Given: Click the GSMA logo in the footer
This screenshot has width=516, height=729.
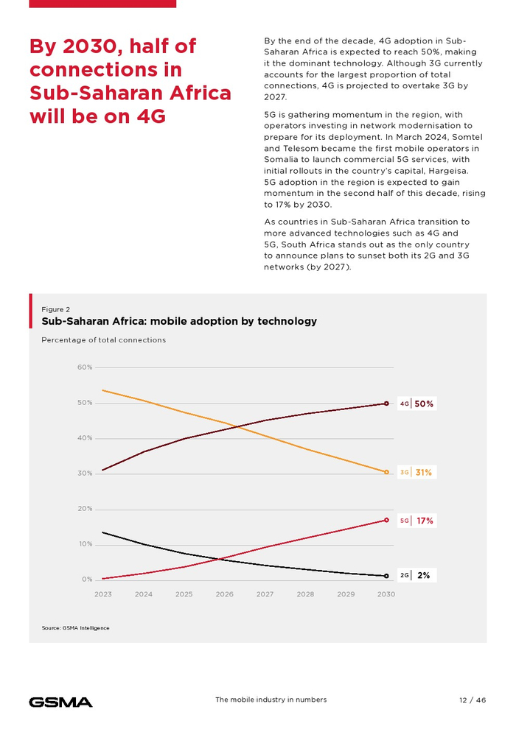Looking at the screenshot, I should pyautogui.click(x=60, y=702).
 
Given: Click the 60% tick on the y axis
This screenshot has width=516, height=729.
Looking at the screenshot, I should pyautogui.click(x=85, y=367).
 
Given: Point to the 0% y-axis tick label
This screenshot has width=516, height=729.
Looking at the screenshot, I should pyautogui.click(x=87, y=580).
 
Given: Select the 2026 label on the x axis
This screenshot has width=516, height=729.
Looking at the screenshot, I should pyautogui.click(x=224, y=594).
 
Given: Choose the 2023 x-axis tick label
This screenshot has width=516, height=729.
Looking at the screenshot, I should pyautogui.click(x=102, y=594).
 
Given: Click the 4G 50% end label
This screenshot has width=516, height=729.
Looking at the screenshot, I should pyautogui.click(x=416, y=404).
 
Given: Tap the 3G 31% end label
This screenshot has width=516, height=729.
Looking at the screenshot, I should pyautogui.click(x=416, y=473).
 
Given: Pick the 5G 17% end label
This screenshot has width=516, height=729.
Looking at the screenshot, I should pyautogui.click(x=416, y=521).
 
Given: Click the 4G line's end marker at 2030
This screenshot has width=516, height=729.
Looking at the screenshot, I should pyautogui.click(x=386, y=404).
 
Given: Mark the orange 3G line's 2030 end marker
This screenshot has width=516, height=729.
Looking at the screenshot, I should pyautogui.click(x=386, y=472).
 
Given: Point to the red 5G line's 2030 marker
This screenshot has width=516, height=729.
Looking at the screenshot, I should pyautogui.click(x=386, y=520).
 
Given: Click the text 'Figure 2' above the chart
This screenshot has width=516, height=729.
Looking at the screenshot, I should pyautogui.click(x=56, y=309).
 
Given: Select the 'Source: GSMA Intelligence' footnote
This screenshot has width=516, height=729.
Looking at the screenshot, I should pyautogui.click(x=75, y=627).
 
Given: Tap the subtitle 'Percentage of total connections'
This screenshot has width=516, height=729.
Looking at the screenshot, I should pyautogui.click(x=103, y=340).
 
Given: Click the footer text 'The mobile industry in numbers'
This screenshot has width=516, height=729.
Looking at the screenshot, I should pyautogui.click(x=271, y=700).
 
